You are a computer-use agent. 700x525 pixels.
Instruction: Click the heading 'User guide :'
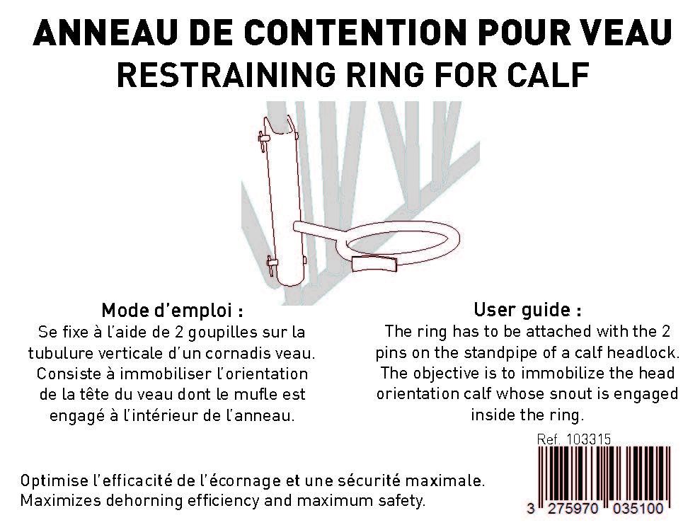pyautogui.click(x=527, y=309)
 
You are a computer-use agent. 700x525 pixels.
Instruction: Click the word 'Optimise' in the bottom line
pyautogui.click(x=54, y=481)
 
